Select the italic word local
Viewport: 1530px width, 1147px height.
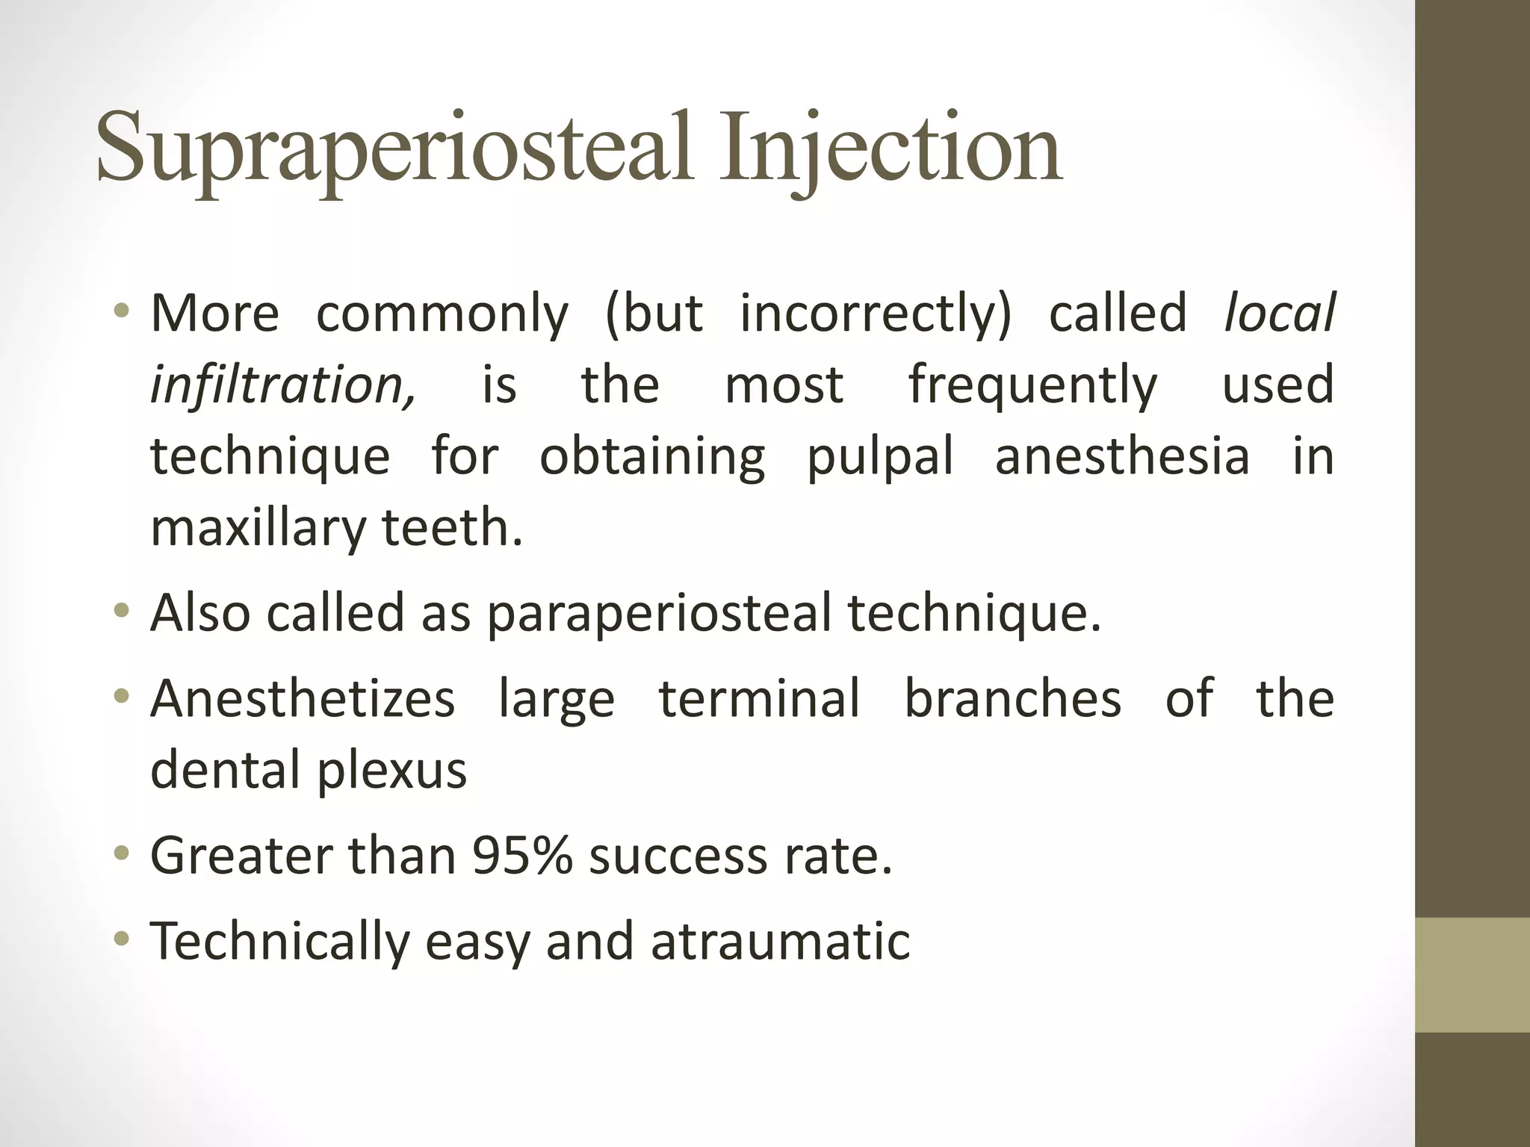point(1279,313)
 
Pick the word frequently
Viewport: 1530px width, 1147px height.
point(1032,385)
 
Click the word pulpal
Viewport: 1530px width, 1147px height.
point(880,457)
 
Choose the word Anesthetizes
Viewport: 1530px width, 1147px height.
point(303,698)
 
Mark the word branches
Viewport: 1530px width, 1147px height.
point(1012,698)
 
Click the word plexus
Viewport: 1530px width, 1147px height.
point(392,771)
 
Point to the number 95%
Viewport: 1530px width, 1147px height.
point(522,855)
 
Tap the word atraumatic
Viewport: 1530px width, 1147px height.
point(780,941)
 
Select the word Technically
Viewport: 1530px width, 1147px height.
point(280,941)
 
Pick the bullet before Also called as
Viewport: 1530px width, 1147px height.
point(122,610)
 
